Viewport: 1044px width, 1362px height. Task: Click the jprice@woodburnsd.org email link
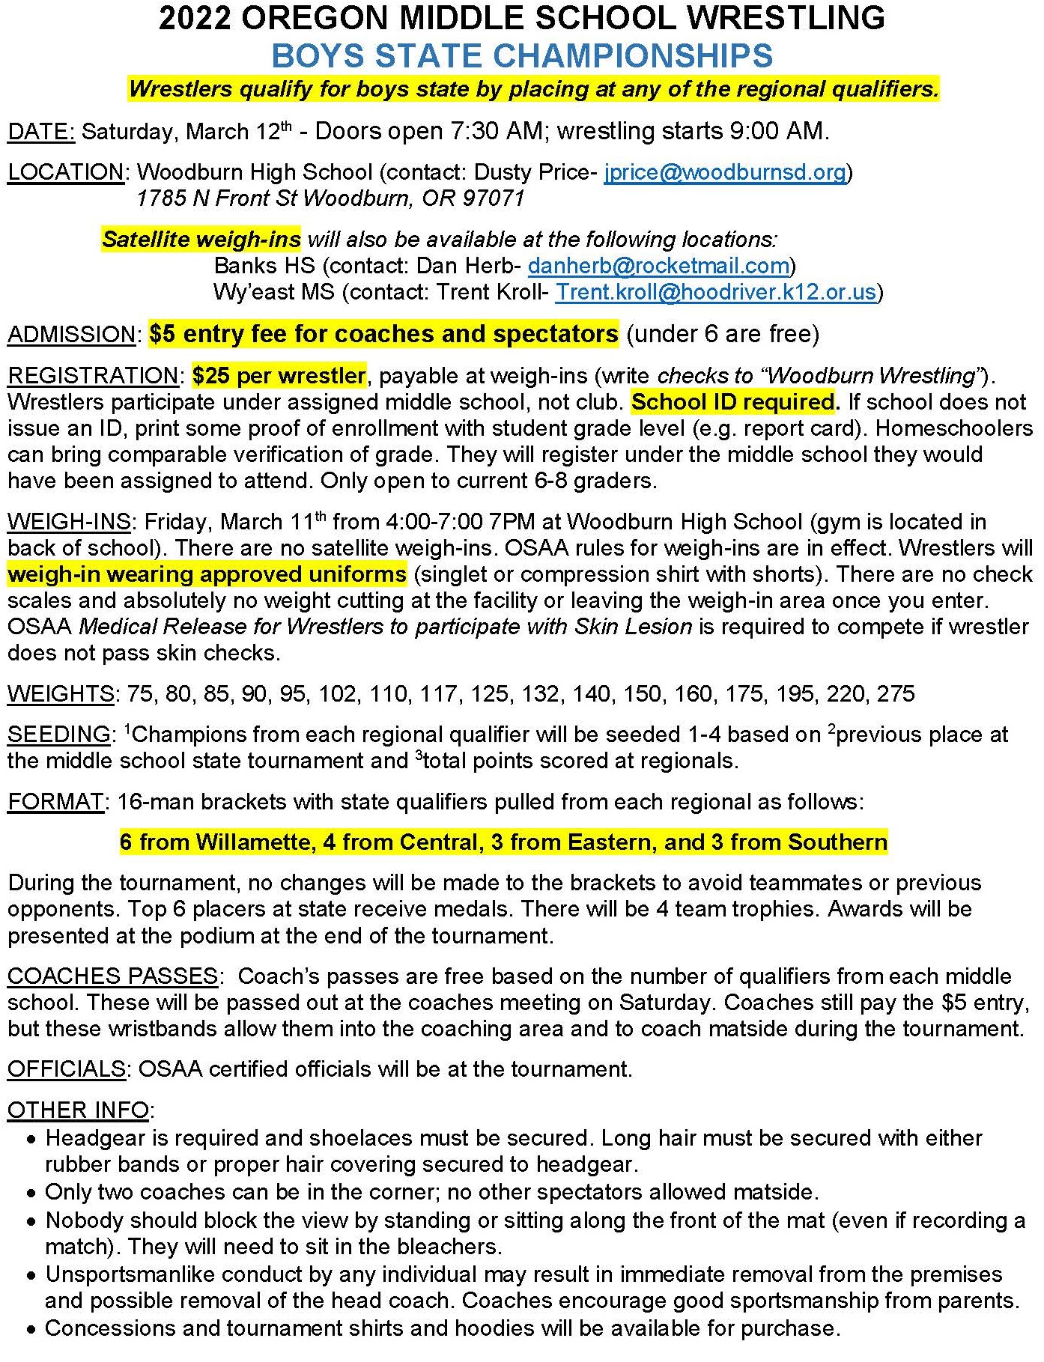click(x=725, y=172)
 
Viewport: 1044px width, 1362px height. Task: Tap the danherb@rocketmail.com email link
click(x=658, y=266)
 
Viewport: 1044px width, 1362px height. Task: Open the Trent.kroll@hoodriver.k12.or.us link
click(x=715, y=292)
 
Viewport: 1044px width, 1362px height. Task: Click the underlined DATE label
click(x=41, y=132)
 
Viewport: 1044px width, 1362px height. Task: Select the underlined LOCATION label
click(x=66, y=172)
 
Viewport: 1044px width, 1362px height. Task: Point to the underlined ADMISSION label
click(x=72, y=334)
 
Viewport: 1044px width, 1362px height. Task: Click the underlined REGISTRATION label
click(x=93, y=375)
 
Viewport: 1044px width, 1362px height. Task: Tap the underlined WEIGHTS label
click(x=61, y=693)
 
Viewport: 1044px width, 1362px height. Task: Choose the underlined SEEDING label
click(x=58, y=735)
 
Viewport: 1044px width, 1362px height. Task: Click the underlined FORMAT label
click(x=55, y=802)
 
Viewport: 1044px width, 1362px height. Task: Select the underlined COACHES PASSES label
click(x=112, y=976)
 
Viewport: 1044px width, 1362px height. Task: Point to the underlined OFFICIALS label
click(x=66, y=1069)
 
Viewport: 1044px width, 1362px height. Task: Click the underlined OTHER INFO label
click(x=78, y=1110)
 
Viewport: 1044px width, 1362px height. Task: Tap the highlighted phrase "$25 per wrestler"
click(x=279, y=375)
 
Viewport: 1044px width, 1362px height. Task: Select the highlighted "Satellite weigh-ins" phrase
click(x=201, y=240)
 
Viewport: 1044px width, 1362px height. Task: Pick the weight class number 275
click(x=896, y=693)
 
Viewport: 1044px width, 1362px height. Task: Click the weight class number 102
click(x=338, y=693)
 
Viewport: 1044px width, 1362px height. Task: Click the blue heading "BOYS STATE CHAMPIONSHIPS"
click(x=522, y=56)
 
